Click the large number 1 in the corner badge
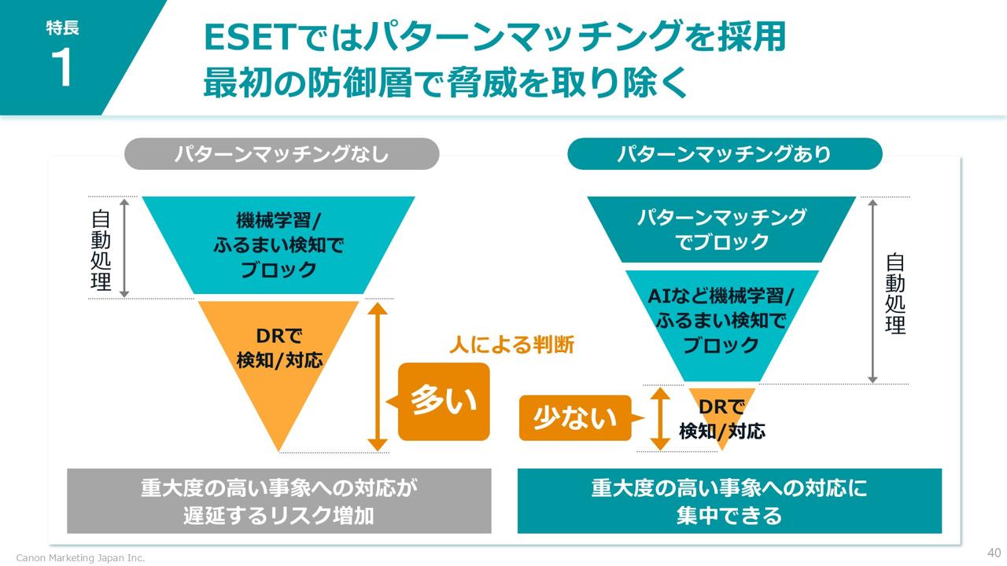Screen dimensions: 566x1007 (x=61, y=68)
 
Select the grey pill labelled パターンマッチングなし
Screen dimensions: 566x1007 (x=282, y=154)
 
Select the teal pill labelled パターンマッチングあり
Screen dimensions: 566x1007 (x=725, y=154)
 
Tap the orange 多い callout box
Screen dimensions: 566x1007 (x=444, y=401)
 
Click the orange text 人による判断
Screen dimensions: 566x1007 (x=511, y=344)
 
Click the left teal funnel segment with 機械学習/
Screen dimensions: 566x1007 (x=278, y=244)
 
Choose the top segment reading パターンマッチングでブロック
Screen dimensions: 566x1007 (x=721, y=229)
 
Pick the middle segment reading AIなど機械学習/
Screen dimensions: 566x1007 (x=721, y=321)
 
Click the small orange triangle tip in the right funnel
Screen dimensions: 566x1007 (x=722, y=417)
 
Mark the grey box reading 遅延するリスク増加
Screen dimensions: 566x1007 (x=279, y=501)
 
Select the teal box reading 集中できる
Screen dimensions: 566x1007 (x=729, y=501)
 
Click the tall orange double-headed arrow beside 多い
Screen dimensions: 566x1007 (x=378, y=377)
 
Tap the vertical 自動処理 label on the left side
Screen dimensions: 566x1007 (x=101, y=250)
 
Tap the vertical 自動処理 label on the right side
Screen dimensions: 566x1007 (x=895, y=293)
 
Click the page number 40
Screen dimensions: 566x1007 (x=994, y=552)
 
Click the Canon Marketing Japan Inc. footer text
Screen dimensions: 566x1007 (x=81, y=557)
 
